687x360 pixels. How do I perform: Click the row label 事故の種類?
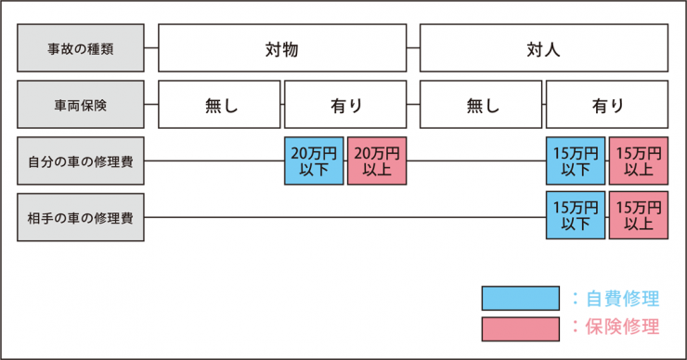81,48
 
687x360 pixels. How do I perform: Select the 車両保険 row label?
81,105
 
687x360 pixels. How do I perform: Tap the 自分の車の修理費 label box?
81,161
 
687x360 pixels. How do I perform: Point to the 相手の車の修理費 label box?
81,218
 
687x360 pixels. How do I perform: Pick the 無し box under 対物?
220,105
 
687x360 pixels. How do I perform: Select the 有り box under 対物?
345,105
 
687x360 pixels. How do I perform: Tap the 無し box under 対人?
482,105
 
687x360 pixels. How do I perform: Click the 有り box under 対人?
607,105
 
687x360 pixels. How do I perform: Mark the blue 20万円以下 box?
314,161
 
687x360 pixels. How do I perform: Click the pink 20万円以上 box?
377,161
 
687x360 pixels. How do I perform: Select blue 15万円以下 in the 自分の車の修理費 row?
576,161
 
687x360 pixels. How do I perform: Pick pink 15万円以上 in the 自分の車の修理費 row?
639,161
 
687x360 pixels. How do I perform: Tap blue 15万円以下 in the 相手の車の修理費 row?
576,218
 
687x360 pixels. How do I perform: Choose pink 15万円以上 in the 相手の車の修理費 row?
639,218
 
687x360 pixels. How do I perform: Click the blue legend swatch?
520,298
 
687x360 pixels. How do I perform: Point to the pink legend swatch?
520,328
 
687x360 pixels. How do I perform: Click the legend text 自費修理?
623,298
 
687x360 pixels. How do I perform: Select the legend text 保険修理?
623,328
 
